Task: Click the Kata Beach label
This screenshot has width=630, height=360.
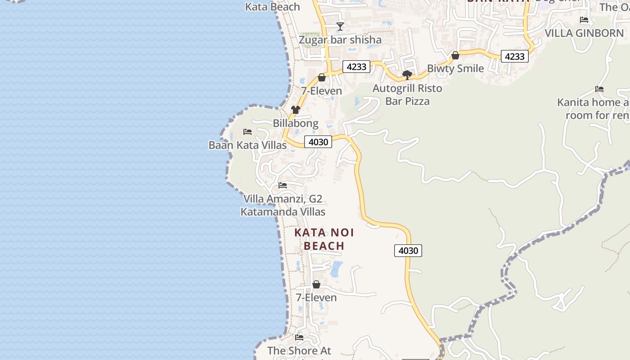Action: coord(272,7)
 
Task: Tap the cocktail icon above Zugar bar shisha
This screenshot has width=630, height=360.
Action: coord(340,27)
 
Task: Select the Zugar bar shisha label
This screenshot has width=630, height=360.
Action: coord(340,40)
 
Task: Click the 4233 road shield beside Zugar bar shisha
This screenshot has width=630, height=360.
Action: coord(356,67)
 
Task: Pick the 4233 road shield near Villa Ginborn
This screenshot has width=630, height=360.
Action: coord(514,56)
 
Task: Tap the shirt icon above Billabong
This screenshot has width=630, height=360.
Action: coord(295,110)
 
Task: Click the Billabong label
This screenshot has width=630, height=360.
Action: coord(295,123)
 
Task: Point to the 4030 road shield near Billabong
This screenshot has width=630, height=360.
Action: coord(318,142)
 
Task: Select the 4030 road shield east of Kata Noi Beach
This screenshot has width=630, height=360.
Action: coord(408,251)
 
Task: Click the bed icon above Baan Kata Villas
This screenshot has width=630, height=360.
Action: coord(247,132)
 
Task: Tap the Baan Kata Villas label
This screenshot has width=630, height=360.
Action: coord(247,145)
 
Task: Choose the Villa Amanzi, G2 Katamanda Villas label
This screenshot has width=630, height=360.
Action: coord(283,205)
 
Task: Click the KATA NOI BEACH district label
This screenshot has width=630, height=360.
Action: coord(324,239)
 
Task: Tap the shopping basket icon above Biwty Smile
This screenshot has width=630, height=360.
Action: coord(455,55)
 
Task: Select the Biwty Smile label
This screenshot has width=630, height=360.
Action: coord(455,68)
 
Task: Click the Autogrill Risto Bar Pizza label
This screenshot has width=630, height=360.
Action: coord(407,94)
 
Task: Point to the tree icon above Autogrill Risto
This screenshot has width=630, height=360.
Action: coord(407,75)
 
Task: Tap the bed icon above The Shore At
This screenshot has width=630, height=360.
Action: coord(299,337)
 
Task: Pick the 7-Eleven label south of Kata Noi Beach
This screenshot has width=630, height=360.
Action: coord(316,297)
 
